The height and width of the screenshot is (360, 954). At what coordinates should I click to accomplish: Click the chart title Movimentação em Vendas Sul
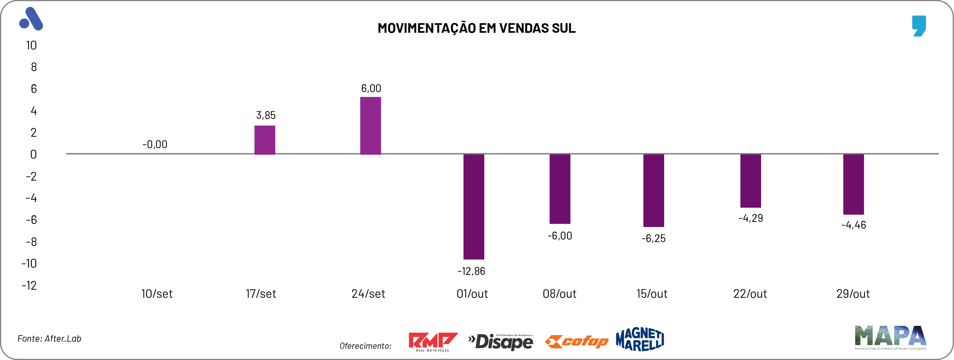click(x=476, y=28)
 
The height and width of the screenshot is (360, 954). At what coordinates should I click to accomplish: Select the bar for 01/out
click(x=474, y=206)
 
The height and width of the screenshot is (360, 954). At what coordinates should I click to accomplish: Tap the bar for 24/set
click(x=370, y=125)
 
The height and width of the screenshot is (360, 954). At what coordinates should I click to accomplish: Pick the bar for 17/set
click(x=264, y=140)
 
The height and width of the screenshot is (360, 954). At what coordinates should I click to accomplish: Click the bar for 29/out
click(x=853, y=184)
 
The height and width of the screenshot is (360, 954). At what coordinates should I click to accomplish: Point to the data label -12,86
click(x=471, y=272)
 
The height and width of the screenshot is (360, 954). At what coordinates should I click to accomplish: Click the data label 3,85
click(x=266, y=115)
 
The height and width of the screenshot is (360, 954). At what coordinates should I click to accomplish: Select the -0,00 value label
click(x=155, y=144)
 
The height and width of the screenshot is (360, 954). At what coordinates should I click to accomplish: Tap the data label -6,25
click(x=653, y=238)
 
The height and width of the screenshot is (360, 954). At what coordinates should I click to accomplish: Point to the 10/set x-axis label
click(x=157, y=294)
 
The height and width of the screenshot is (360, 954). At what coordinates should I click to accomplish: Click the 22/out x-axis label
click(x=750, y=294)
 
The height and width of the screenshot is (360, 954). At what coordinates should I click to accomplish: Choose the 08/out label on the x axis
click(x=559, y=294)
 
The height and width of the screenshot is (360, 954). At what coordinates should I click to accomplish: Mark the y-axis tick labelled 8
click(x=34, y=67)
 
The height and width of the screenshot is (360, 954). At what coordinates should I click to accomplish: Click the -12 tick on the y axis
click(x=29, y=285)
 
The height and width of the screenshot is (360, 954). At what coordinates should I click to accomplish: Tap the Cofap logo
click(x=576, y=341)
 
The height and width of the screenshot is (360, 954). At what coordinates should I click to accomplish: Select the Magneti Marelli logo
click(x=640, y=339)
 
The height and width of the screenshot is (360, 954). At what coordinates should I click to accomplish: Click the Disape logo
click(x=500, y=341)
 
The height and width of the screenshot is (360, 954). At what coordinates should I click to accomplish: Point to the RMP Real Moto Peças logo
click(x=433, y=341)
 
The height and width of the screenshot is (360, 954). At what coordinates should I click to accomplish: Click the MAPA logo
click(x=890, y=337)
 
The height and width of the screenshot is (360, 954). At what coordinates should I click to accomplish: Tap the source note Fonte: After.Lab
click(x=49, y=338)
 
